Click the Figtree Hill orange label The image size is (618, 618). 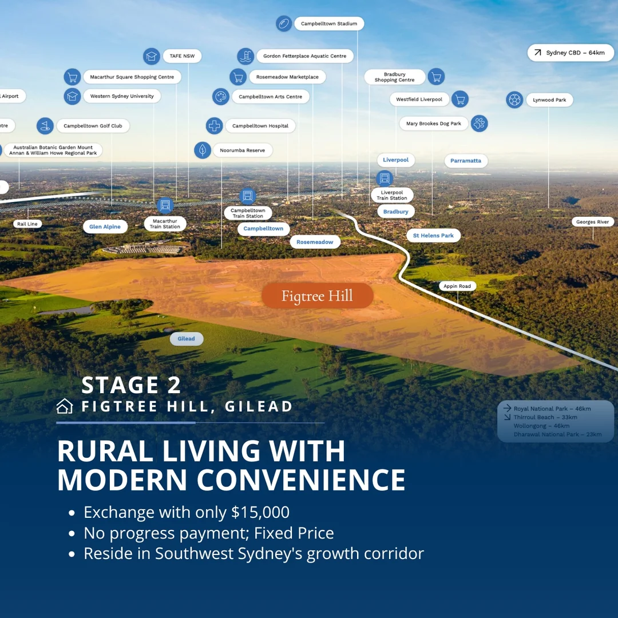point(317,296)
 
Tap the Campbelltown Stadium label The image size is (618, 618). point(328,24)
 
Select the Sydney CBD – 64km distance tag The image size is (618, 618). point(571,53)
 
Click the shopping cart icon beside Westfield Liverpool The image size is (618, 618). point(459,99)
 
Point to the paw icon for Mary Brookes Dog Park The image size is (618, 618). point(479,123)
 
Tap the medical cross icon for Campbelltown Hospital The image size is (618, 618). point(214,125)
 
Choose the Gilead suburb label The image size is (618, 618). point(186,339)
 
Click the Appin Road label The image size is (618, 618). point(457,286)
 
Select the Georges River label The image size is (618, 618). point(592,222)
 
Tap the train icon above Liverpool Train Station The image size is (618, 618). point(385,178)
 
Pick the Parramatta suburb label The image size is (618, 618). point(465,161)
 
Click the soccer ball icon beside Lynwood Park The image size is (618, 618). point(514,100)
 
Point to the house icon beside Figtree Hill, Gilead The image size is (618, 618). point(65,406)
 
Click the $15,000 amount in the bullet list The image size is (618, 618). point(260,512)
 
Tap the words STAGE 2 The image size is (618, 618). point(131,385)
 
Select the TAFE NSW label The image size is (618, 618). point(182,56)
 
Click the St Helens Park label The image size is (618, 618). point(433,235)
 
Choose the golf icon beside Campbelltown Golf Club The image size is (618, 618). point(45,125)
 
